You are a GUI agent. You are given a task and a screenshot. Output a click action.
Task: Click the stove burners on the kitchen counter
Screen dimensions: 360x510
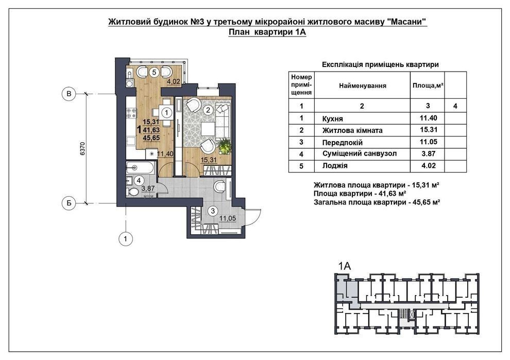point(130,110)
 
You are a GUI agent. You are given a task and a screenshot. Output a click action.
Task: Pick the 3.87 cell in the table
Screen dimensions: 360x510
point(420,154)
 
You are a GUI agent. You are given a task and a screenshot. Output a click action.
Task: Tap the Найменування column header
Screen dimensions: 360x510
point(362,85)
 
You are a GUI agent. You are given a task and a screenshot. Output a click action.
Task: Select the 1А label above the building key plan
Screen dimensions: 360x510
point(344,266)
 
